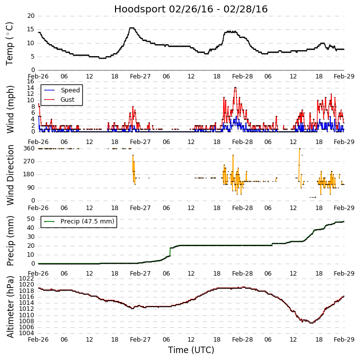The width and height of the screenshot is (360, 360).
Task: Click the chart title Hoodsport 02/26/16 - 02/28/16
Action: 191,9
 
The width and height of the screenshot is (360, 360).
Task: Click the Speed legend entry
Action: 70,90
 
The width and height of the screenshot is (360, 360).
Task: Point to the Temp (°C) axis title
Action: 10,43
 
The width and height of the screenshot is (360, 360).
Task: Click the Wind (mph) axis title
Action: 10,109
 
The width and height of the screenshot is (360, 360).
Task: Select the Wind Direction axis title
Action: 10,175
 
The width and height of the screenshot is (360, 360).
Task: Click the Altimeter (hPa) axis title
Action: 10,306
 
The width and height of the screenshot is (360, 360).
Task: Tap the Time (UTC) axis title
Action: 191,350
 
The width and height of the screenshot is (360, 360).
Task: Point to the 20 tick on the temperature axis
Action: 31,16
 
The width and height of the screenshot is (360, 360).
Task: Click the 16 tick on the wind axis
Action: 31,81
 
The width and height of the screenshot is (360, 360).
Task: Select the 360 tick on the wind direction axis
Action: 29,148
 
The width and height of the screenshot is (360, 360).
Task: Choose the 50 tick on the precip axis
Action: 31,219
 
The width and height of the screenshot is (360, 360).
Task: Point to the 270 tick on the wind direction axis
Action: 29,161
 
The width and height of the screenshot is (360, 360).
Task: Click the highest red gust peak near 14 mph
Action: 235,88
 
